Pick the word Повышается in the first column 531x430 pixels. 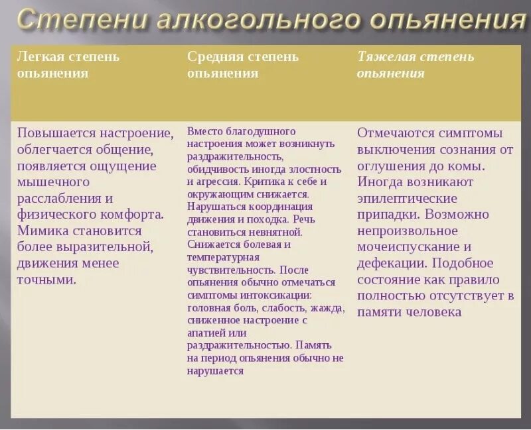[x=57, y=133]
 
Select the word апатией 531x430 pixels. [x=206, y=333]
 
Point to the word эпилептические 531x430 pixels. [x=408, y=198]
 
